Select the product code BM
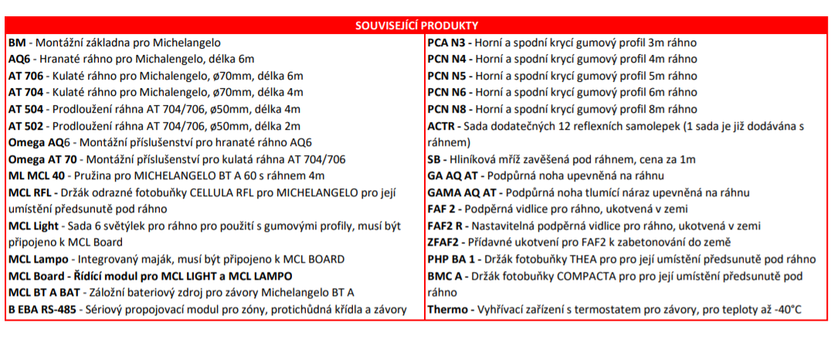(x=17, y=42)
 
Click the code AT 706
(x=26, y=76)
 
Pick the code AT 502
(x=26, y=126)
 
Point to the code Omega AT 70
(x=42, y=160)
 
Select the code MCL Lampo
(x=38, y=260)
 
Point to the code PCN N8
(x=447, y=109)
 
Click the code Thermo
(x=448, y=310)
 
